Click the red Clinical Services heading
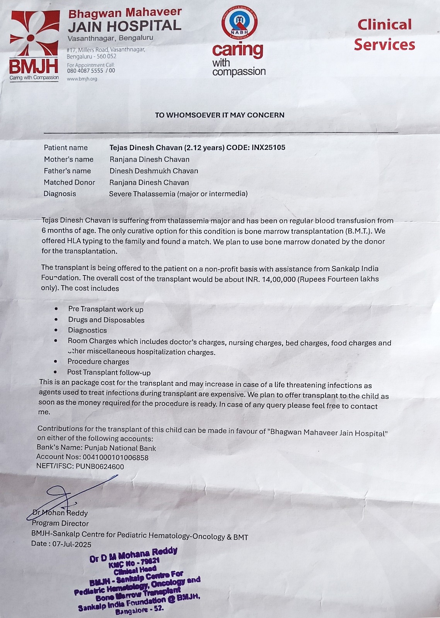click(x=384, y=35)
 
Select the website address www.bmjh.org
click(x=82, y=79)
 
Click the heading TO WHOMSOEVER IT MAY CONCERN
click(x=220, y=115)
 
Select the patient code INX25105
click(x=268, y=148)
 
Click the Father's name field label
click(x=67, y=171)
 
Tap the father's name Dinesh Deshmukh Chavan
click(x=153, y=171)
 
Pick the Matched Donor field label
click(x=69, y=182)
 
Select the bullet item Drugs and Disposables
click(x=106, y=320)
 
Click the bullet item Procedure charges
click(x=98, y=362)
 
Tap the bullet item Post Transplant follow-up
click(x=109, y=373)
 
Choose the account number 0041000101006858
click(x=115, y=457)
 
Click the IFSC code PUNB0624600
click(x=100, y=467)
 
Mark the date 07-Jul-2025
click(x=72, y=544)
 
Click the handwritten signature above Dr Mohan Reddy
click(x=66, y=498)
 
